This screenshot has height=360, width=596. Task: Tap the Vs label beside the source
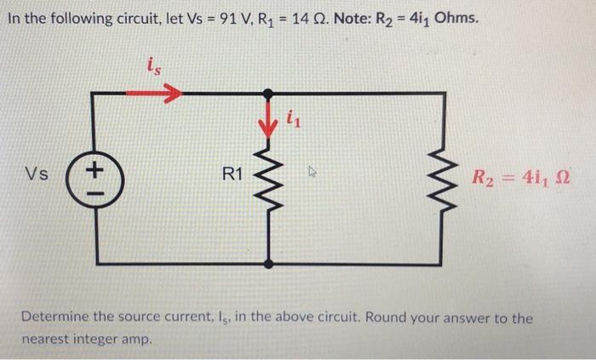[x=36, y=177]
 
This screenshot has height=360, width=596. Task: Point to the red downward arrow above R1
[x=272, y=126]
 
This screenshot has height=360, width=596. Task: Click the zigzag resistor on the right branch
[x=440, y=179]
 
